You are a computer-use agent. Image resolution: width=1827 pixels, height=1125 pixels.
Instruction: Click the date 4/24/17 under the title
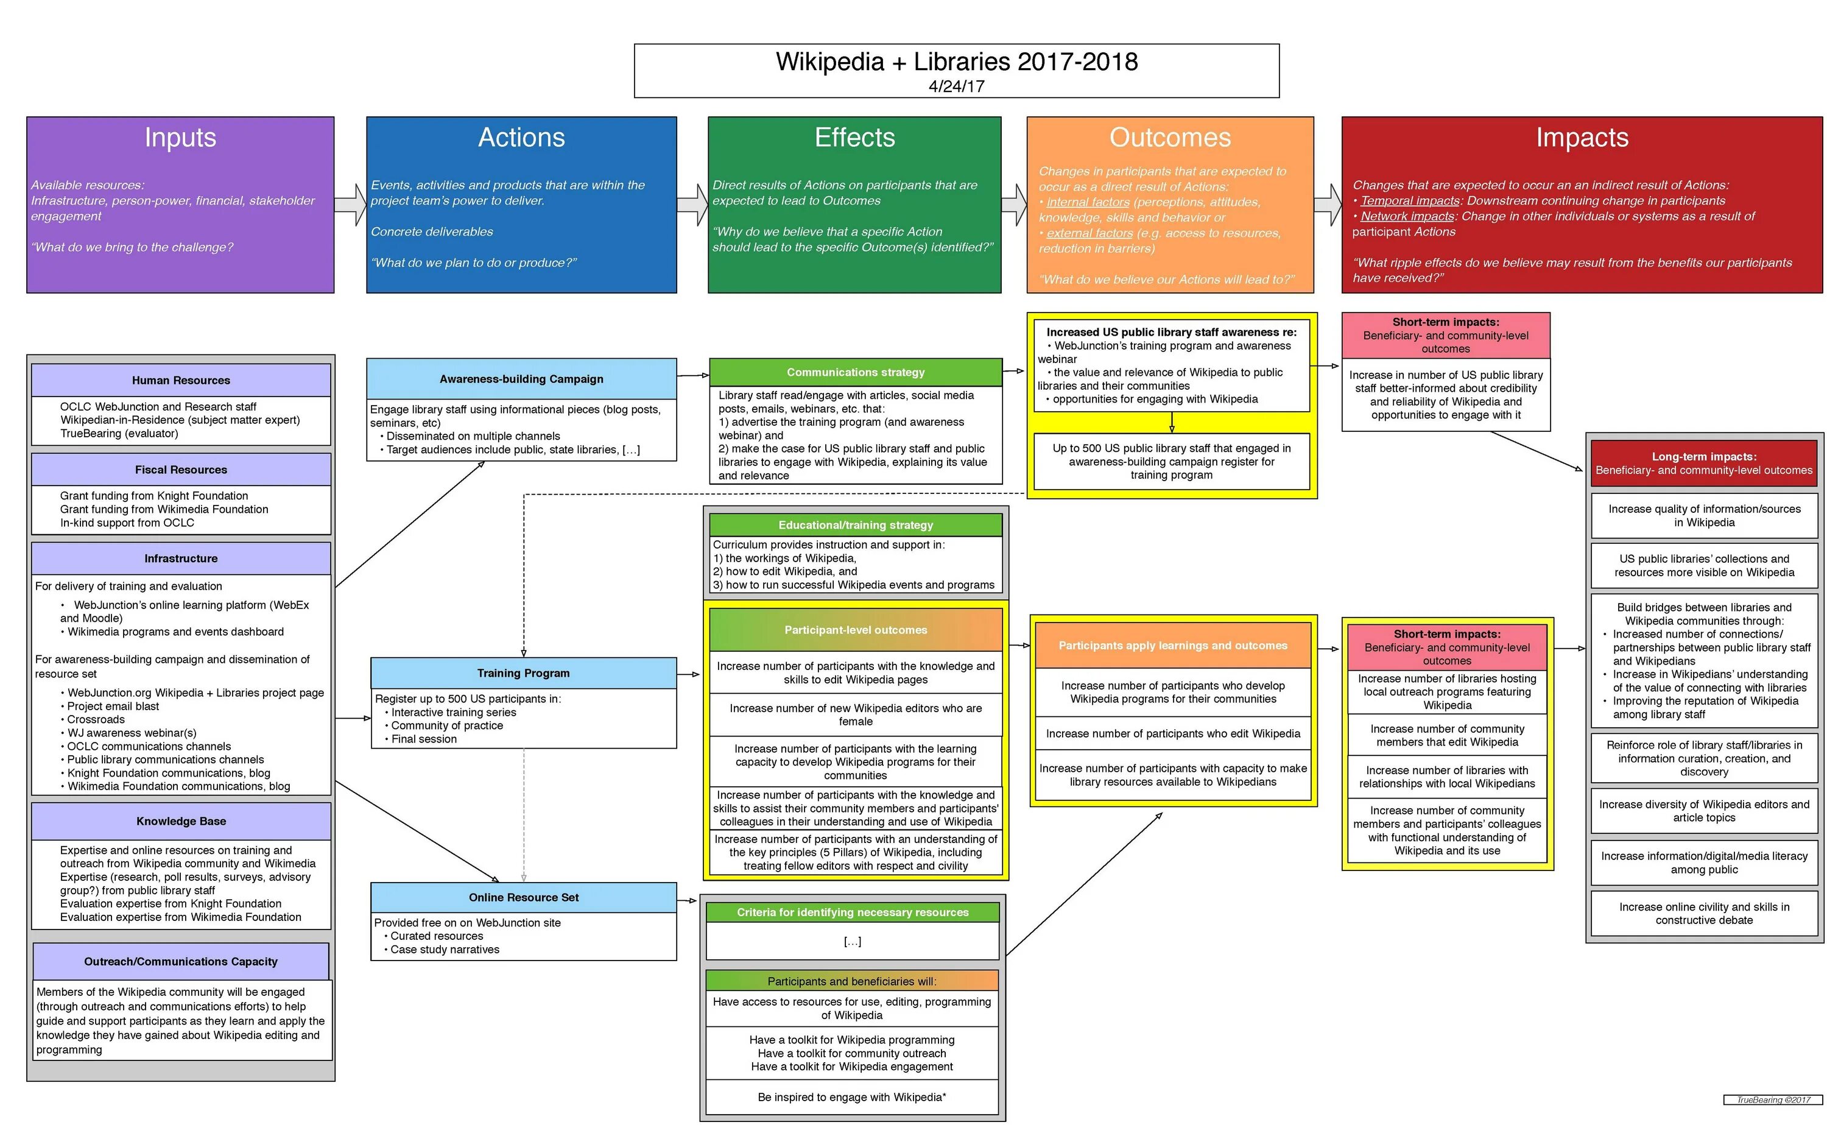[956, 86]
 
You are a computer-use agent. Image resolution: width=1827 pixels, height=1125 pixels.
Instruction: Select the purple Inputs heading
[180, 138]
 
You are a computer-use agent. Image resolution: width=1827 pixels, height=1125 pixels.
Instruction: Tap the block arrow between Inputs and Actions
[350, 205]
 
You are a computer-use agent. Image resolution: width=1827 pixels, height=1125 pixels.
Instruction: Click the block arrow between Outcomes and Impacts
[1327, 205]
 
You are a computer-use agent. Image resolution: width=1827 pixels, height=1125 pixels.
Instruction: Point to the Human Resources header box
[181, 380]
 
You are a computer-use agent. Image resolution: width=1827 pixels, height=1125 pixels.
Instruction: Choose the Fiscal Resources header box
[181, 470]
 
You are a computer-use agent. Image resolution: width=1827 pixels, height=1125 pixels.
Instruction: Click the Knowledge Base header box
[181, 820]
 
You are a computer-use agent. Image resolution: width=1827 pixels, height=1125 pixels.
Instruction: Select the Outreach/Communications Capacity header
[181, 961]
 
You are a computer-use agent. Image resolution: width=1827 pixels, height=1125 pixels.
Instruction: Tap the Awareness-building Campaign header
[521, 379]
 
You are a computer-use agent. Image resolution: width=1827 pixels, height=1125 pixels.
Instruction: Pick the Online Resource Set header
[523, 897]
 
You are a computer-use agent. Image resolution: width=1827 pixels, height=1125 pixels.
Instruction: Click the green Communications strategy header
[856, 372]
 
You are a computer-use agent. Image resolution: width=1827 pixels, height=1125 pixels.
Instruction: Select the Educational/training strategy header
[856, 524]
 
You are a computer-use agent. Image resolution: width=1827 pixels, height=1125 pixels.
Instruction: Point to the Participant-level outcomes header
[856, 629]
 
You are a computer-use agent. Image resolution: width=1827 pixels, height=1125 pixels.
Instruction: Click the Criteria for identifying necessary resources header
[853, 912]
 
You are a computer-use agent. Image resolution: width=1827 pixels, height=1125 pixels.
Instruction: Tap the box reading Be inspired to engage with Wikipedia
[852, 1097]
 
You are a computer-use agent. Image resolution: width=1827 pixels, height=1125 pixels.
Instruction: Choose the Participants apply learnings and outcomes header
[1172, 645]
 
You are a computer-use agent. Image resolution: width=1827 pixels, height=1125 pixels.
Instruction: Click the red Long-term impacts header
[1703, 463]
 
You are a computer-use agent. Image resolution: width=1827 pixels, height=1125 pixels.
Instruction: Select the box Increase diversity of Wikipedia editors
[1703, 810]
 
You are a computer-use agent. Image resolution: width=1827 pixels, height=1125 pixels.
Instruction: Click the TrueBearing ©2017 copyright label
[1773, 1099]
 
